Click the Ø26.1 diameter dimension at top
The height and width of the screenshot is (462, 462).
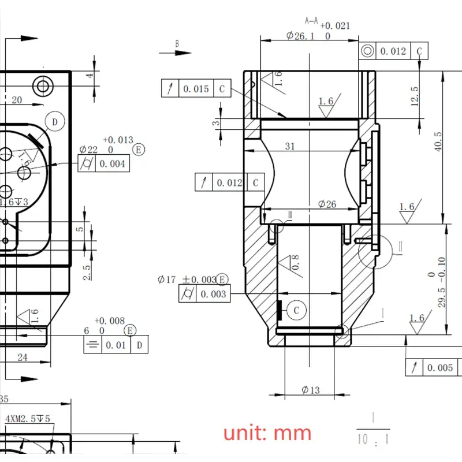tap(300, 36)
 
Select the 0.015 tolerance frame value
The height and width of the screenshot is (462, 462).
tap(196, 89)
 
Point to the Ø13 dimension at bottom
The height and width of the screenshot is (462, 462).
tap(310, 390)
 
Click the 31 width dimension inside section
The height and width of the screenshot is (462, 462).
tap(290, 147)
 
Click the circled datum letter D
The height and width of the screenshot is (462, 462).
tap(55, 122)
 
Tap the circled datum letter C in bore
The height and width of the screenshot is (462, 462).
tap(296, 310)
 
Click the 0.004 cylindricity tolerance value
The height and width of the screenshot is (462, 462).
tap(113, 164)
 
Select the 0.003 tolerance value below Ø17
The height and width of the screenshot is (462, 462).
tap(213, 295)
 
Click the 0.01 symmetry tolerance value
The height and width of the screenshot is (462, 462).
tap(117, 346)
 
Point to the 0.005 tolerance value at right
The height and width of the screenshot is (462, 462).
tap(441, 368)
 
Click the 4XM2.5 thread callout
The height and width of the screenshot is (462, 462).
tap(27, 419)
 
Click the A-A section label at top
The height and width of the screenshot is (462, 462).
tap(311, 21)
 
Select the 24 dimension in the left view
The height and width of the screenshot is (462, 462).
tap(22, 357)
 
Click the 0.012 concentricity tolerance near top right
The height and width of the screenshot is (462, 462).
tap(393, 51)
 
